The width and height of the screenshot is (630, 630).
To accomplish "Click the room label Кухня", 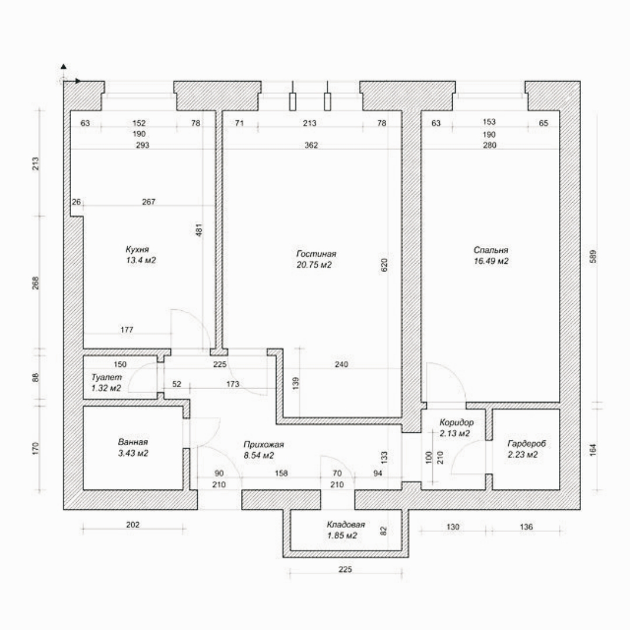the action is [137, 250].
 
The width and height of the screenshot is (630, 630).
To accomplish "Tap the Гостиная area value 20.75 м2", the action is [314, 265].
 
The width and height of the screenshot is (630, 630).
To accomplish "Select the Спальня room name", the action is [491, 250].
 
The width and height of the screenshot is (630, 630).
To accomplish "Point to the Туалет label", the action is [107, 377].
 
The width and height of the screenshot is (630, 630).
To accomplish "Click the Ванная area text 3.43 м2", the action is [133, 453].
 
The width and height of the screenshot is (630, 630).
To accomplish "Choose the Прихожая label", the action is [264, 444].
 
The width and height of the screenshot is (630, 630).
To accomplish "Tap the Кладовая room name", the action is [345, 524].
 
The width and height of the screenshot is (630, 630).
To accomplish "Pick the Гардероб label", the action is [527, 444].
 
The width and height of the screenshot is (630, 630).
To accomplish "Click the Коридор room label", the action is [456, 423].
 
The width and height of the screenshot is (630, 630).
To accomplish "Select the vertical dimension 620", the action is [384, 265].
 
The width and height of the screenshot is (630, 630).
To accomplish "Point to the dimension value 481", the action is [199, 230].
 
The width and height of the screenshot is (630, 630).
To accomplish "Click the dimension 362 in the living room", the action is [311, 145].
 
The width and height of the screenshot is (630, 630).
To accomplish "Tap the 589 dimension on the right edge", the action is [593, 257].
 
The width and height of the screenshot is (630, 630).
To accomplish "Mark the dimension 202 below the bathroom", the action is [132, 524].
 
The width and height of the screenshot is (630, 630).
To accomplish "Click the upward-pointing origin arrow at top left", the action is [64, 67].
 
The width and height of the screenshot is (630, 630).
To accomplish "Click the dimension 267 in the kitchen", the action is [148, 202].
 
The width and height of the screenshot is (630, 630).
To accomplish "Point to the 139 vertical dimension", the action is [296, 384].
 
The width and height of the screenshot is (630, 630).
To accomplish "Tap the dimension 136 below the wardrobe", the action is [526, 526].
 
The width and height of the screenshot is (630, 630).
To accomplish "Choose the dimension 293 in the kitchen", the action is [142, 145].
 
